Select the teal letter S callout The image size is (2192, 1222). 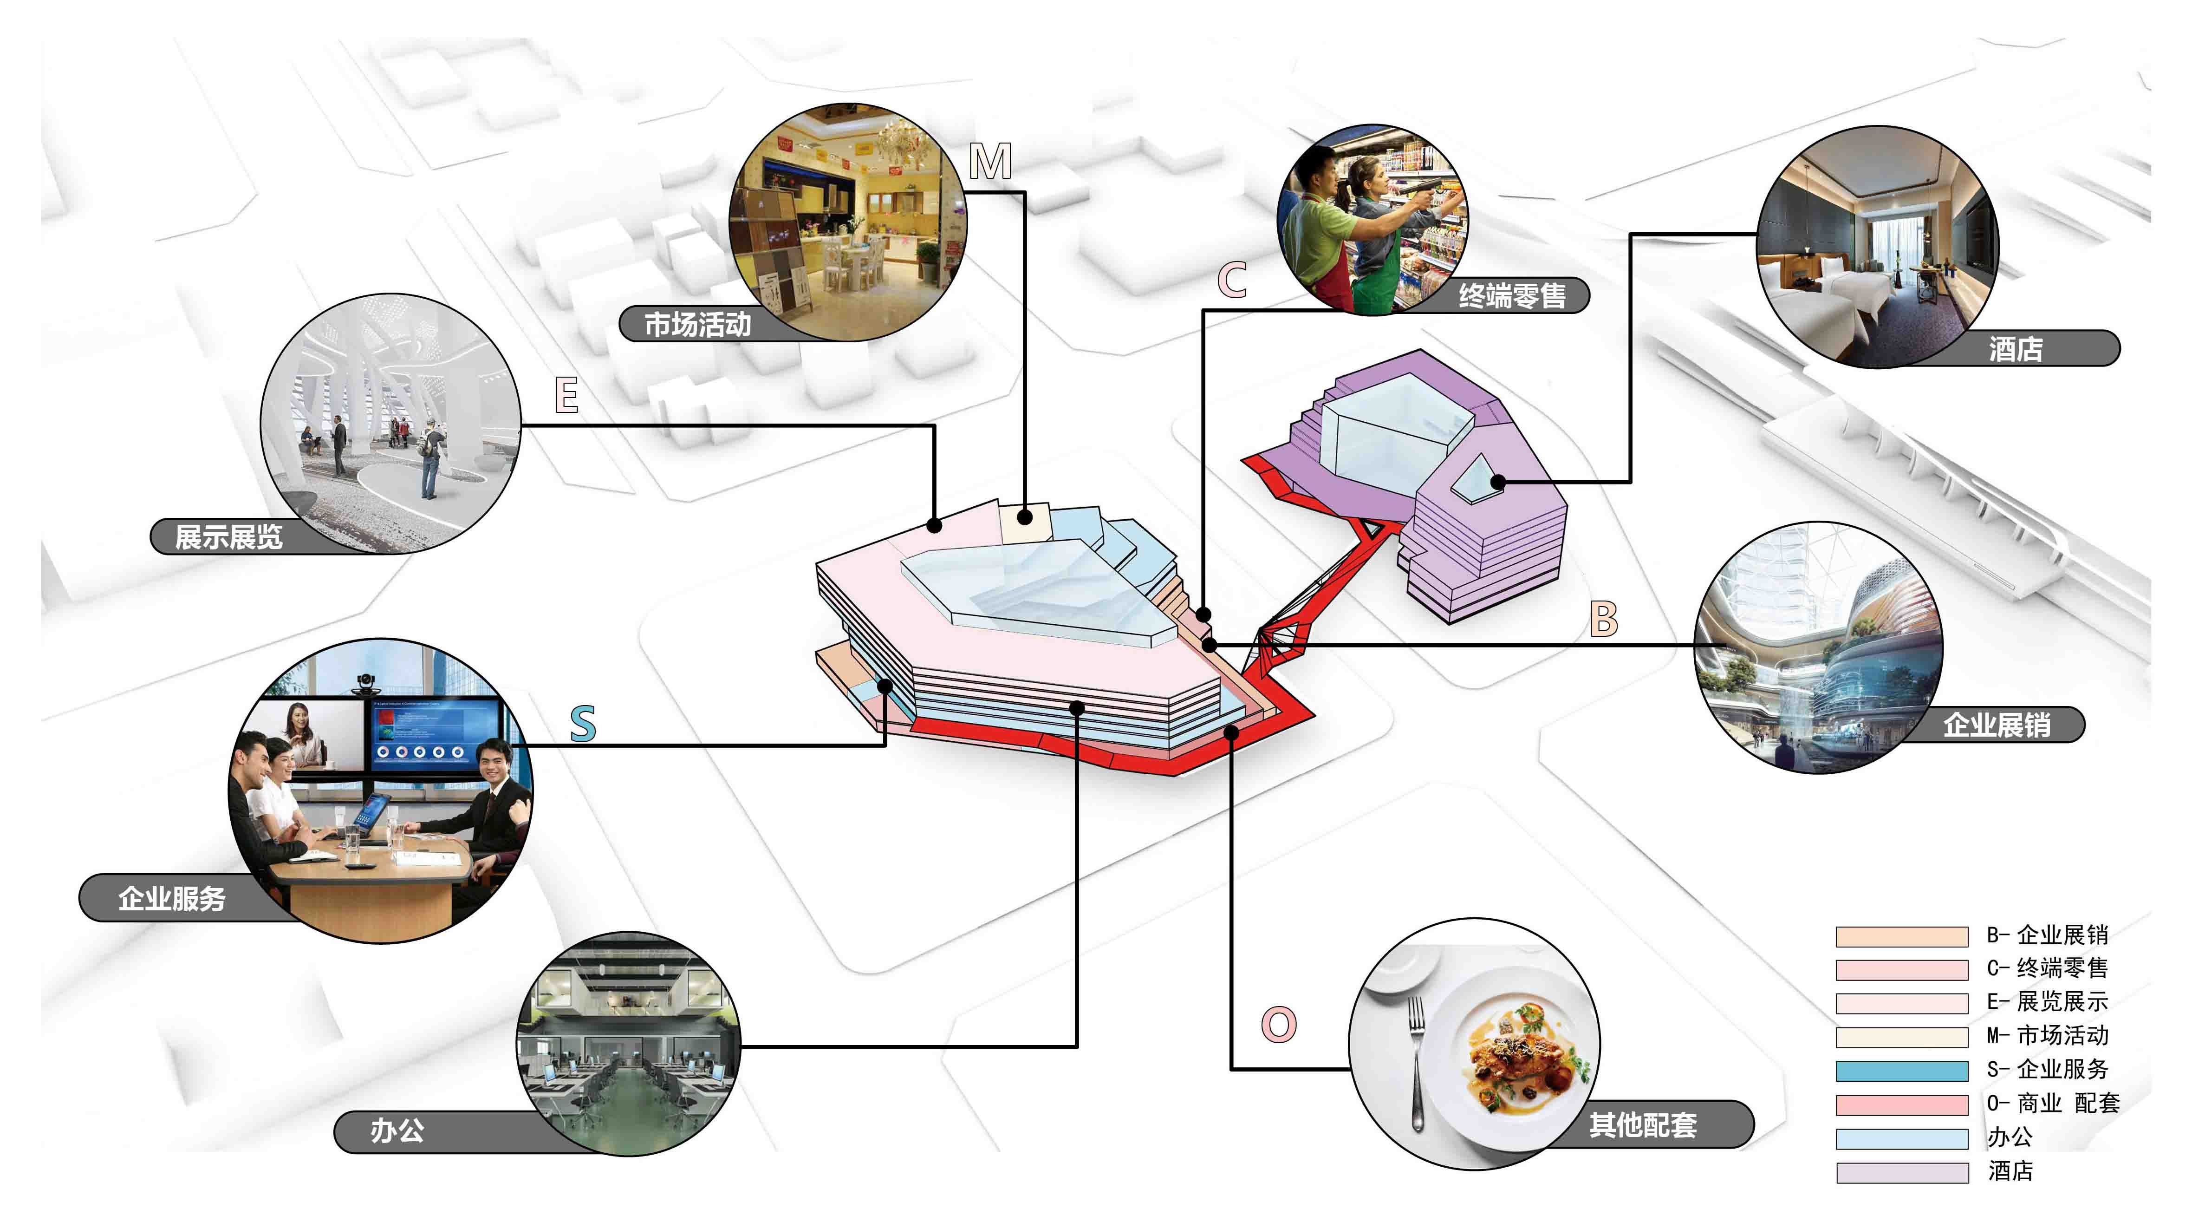(583, 723)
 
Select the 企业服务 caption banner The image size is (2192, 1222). (171, 898)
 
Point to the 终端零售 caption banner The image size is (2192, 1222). (1511, 295)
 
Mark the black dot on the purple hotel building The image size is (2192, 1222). (1498, 483)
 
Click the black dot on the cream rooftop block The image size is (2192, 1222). (1025, 516)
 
